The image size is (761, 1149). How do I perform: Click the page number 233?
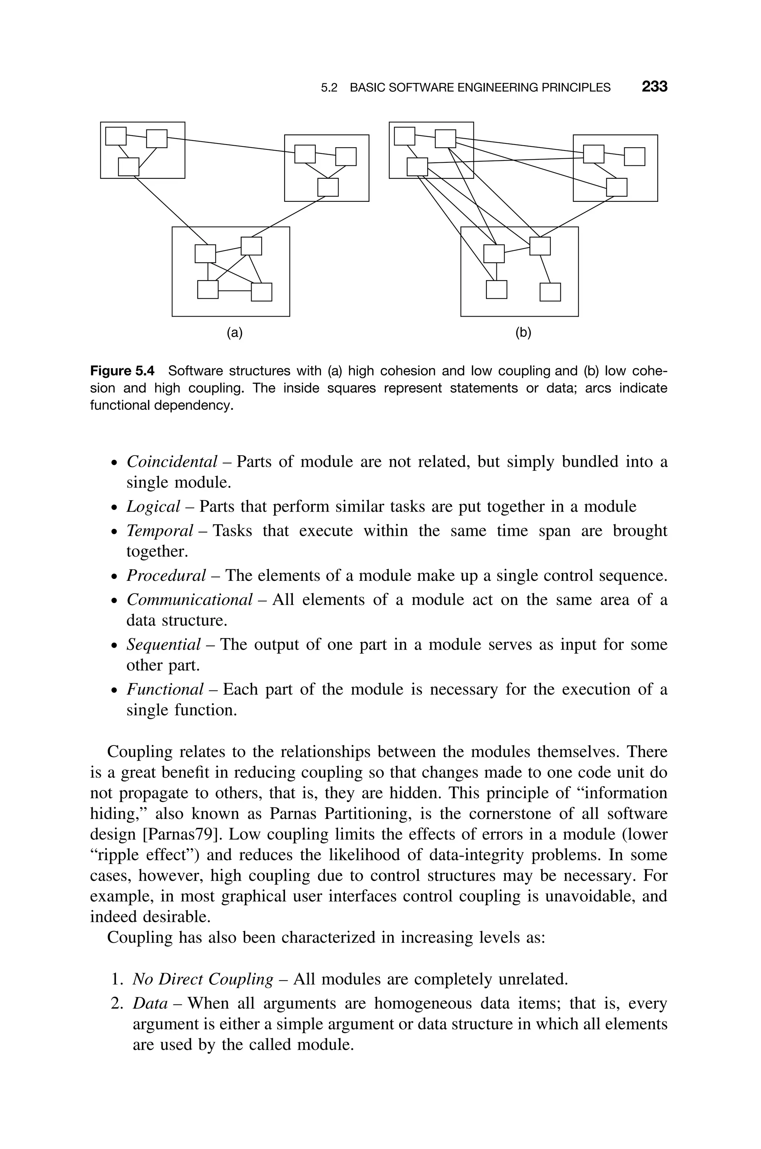tap(654, 87)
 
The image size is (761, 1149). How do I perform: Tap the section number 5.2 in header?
tap(329, 88)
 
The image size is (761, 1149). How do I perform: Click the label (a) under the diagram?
tap(234, 333)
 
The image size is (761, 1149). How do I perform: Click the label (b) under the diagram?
tap(523, 333)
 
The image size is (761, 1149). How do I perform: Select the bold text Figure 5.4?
tap(122, 371)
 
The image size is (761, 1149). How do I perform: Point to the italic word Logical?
tap(153, 506)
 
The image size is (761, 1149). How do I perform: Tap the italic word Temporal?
tap(160, 531)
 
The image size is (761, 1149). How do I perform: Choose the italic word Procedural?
tap(166, 576)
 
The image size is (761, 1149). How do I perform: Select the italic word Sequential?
tap(163, 645)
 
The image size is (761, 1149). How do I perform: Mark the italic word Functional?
tap(165, 689)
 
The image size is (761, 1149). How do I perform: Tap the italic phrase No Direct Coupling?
tap(203, 980)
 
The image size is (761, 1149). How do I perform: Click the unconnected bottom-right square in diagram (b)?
tap(550, 292)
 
